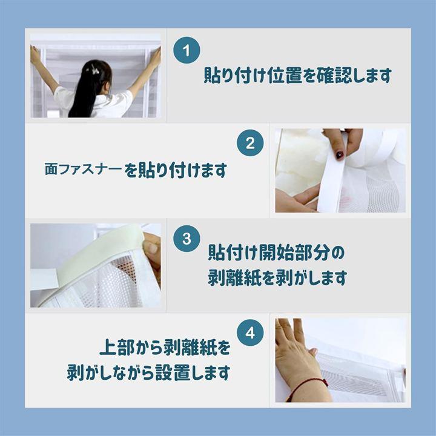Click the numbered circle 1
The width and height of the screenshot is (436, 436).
(x=187, y=50)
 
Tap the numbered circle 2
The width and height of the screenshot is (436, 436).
(x=250, y=143)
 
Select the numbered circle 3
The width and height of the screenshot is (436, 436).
(x=187, y=239)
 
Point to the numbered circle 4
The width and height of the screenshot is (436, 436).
(x=250, y=332)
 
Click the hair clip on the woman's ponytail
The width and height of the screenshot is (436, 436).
(x=94, y=70)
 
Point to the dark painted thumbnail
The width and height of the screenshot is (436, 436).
(x=340, y=154)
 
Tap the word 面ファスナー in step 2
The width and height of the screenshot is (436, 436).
(x=83, y=169)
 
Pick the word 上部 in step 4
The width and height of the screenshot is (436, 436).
(x=117, y=347)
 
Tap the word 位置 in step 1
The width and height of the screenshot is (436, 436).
(x=285, y=75)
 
